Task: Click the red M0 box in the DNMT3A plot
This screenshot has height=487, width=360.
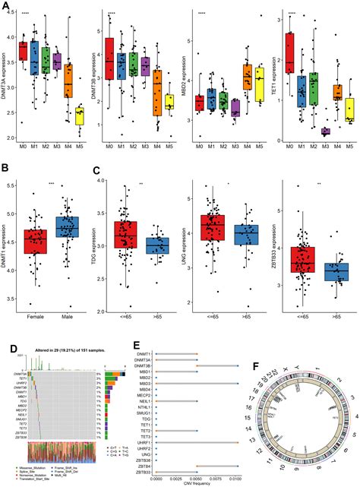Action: pos(23,51)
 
